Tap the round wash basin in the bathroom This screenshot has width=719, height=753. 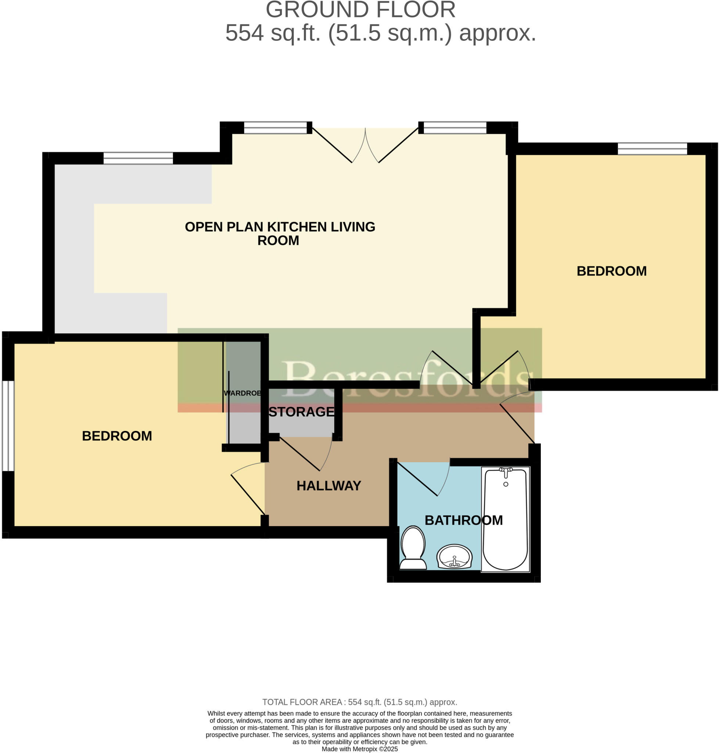tap(454, 557)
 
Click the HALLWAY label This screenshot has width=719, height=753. tap(329, 486)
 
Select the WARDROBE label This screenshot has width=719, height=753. tap(242, 393)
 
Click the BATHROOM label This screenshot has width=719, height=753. tap(464, 521)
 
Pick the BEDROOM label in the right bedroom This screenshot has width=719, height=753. tap(612, 271)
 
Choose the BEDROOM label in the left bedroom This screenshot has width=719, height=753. tap(117, 436)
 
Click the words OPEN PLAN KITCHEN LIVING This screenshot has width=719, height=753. tap(280, 227)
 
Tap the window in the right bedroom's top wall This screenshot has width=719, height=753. tap(652, 149)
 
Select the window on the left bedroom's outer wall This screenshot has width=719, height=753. tap(8, 426)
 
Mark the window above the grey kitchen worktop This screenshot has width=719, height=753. tap(139, 158)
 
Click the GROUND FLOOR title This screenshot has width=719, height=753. tap(361, 10)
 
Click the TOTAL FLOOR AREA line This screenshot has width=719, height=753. tap(359, 702)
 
